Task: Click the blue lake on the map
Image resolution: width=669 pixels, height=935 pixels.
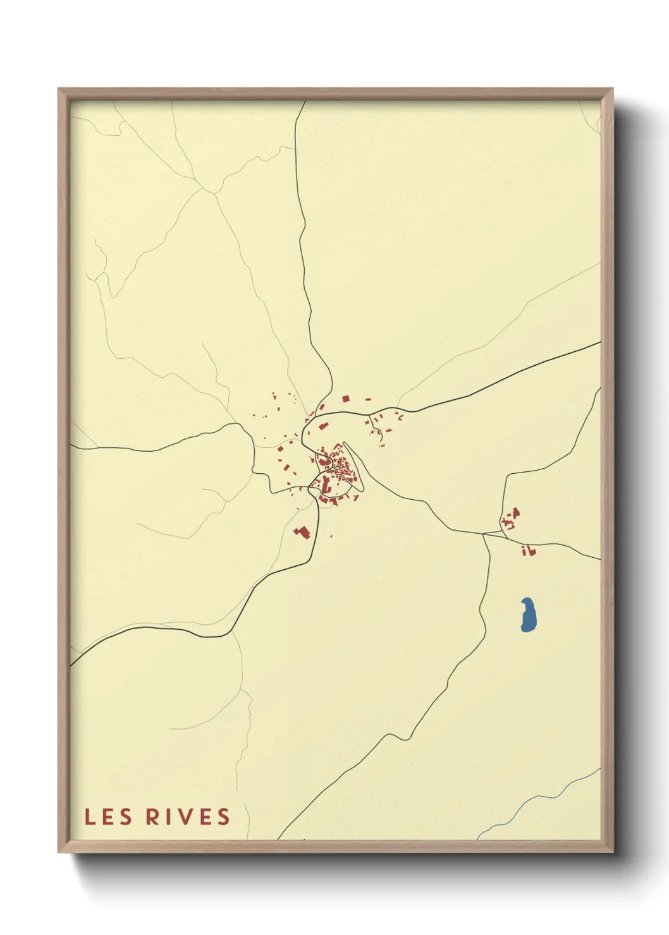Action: tap(529, 615)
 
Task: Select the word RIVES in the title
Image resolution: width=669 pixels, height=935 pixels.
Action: tap(188, 817)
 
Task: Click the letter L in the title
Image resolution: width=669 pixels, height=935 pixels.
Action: tap(90, 817)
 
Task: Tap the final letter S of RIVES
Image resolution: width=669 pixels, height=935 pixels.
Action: tap(224, 817)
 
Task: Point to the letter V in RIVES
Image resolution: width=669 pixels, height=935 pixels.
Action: tap(185, 817)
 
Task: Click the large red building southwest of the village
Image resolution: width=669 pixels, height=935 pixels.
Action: tap(302, 533)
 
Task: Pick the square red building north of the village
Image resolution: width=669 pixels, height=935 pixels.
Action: tap(345, 399)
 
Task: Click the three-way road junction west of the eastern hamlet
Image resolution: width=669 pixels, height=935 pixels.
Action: tap(484, 534)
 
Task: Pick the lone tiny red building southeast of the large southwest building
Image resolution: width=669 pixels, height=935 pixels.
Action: tap(331, 536)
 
